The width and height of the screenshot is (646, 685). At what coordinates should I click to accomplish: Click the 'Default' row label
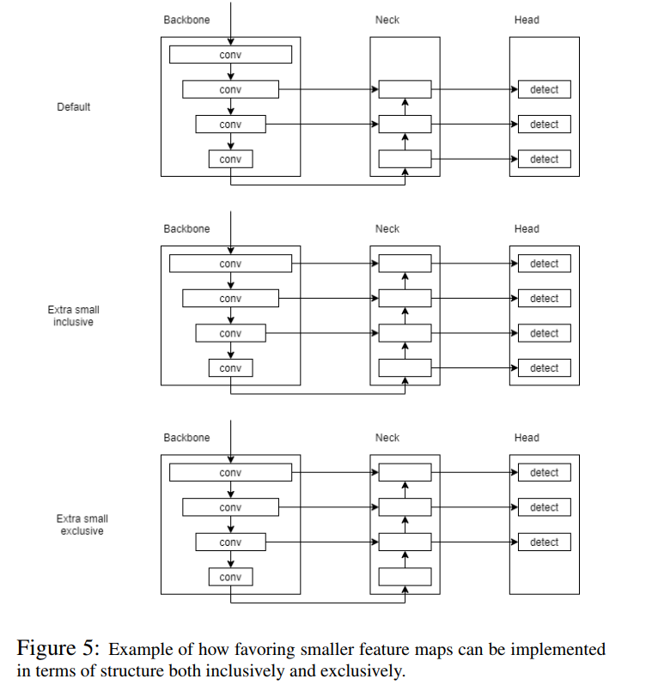click(73, 107)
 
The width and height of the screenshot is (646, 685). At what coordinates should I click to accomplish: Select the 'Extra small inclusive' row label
click(73, 315)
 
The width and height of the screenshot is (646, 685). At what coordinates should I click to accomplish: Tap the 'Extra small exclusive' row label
click(82, 524)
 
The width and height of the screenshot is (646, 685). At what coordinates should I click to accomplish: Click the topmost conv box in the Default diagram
click(230, 55)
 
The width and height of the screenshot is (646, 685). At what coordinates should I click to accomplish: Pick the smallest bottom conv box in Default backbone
click(230, 159)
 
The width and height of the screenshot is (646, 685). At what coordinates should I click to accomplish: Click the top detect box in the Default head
click(544, 89)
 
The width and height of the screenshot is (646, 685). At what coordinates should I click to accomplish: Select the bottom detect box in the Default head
click(544, 159)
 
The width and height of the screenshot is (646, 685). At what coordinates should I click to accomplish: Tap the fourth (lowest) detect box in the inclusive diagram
click(544, 367)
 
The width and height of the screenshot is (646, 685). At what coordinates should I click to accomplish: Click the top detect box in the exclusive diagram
click(544, 472)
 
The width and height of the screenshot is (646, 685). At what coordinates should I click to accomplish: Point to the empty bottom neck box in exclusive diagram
click(405, 576)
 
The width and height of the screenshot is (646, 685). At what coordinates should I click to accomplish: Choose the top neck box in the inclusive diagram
click(405, 264)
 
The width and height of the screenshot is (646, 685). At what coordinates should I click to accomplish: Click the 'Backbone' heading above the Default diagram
click(186, 20)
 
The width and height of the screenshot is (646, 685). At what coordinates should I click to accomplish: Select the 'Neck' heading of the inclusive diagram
click(387, 228)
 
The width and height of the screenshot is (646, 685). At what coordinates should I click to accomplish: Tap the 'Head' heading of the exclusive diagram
click(527, 437)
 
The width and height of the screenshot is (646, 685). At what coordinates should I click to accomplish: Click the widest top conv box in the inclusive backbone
click(230, 264)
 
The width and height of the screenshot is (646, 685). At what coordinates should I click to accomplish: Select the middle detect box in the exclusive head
click(544, 507)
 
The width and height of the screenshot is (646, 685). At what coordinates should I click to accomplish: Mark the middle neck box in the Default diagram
click(405, 124)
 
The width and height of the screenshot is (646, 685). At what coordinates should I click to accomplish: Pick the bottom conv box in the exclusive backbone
click(230, 576)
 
